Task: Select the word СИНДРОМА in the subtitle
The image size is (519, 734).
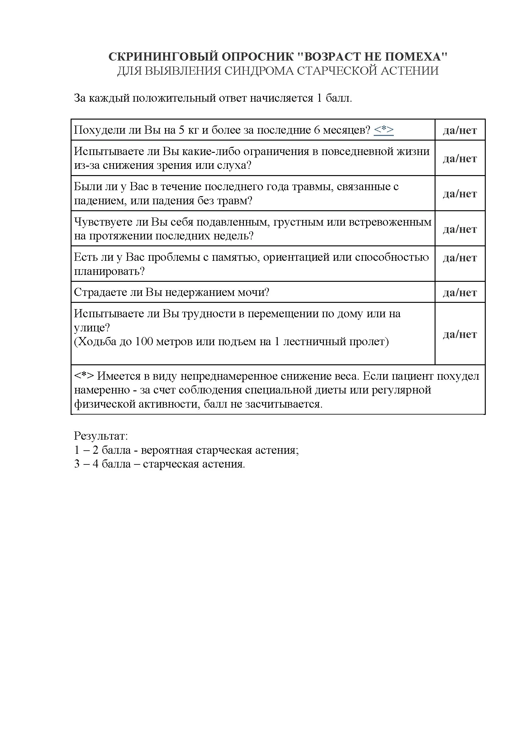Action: pyautogui.click(x=259, y=71)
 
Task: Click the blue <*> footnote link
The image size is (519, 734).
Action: pyautogui.click(x=383, y=130)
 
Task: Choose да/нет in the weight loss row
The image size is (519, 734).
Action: pyautogui.click(x=460, y=130)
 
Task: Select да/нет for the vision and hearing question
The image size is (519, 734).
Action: pyautogui.click(x=460, y=158)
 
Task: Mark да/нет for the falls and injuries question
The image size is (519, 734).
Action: pyautogui.click(x=460, y=194)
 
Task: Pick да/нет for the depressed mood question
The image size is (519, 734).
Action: pyautogui.click(x=460, y=229)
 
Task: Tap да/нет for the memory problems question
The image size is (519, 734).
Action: pyautogui.click(x=460, y=258)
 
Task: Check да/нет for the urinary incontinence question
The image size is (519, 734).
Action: pyautogui.click(x=460, y=292)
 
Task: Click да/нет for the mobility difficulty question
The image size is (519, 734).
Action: pyautogui.click(x=460, y=335)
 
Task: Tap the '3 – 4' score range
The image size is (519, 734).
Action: pyautogui.click(x=86, y=464)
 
